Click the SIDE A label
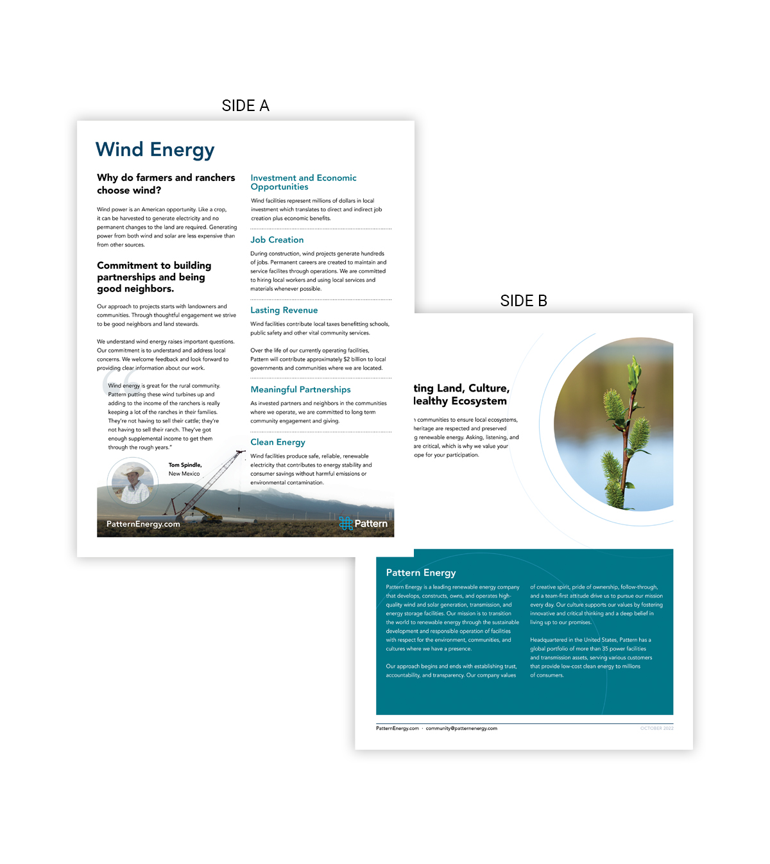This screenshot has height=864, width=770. click(245, 106)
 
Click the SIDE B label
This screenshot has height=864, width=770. click(524, 301)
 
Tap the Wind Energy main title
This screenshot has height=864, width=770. click(155, 150)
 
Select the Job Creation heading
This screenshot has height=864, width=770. click(277, 240)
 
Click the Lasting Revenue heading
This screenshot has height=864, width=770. click(284, 311)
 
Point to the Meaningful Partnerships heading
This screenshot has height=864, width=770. click(300, 390)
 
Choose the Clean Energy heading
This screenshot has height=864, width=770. click(278, 442)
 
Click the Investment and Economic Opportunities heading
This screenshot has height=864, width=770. click(303, 182)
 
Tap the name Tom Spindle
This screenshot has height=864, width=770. click(185, 465)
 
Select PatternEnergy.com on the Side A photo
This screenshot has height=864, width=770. click(143, 524)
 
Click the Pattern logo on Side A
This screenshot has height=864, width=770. click(363, 524)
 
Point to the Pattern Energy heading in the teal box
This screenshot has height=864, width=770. click(421, 573)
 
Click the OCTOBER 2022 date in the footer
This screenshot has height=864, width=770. click(656, 729)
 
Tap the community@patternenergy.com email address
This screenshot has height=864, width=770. click(461, 729)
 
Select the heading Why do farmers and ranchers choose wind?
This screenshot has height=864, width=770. click(166, 184)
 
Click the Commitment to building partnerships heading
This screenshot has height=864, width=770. click(154, 277)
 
